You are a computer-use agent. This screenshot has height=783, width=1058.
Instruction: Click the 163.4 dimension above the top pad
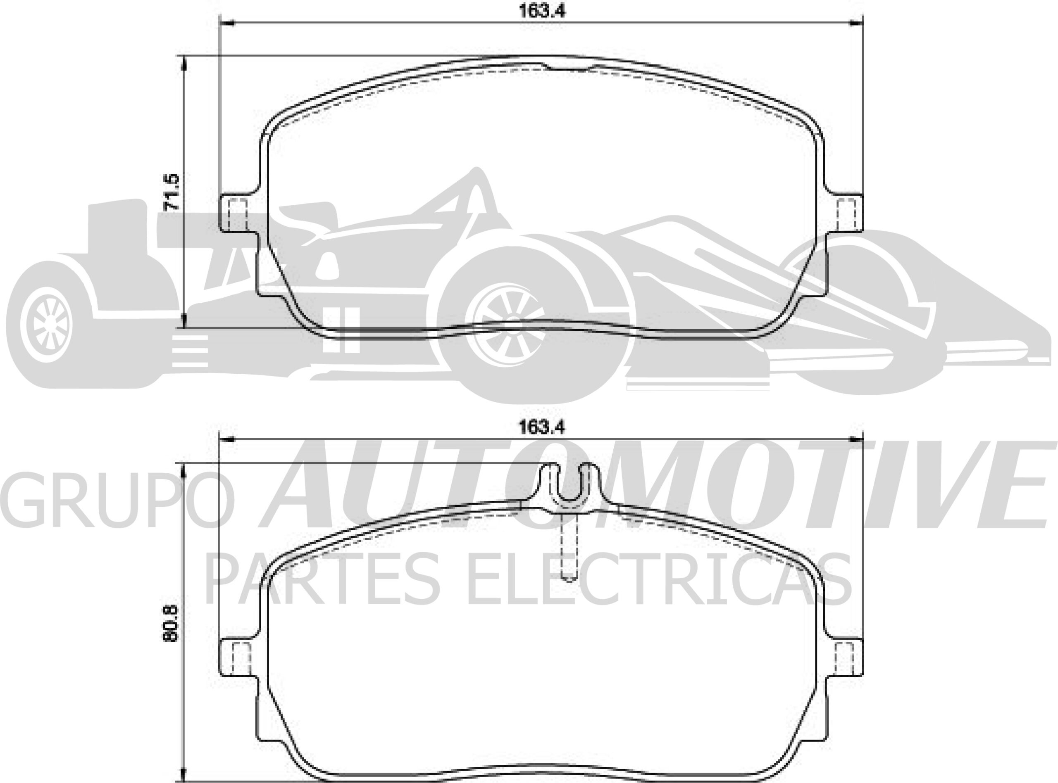point(541,11)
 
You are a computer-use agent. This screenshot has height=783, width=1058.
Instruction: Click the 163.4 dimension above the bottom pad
point(541,427)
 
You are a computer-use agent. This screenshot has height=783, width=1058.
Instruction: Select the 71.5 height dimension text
point(171,192)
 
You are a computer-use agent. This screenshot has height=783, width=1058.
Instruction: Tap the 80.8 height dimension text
point(171,623)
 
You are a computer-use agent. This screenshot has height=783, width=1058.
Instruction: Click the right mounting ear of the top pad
point(846,213)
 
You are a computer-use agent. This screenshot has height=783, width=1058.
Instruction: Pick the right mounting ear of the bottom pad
point(846,659)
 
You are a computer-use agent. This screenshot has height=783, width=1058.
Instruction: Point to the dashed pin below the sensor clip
point(569,550)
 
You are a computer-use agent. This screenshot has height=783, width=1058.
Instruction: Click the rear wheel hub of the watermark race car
point(48,325)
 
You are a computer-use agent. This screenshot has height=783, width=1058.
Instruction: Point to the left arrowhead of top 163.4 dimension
point(228,22)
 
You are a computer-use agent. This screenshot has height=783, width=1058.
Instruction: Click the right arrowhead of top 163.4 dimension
point(856,22)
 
